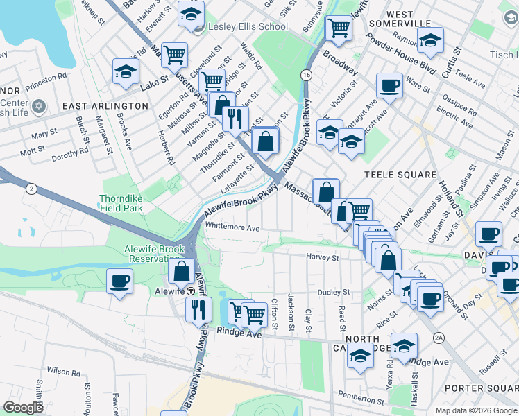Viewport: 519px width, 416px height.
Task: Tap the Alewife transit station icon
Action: [x=191, y=291]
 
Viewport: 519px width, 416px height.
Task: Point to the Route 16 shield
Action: [x=305, y=73]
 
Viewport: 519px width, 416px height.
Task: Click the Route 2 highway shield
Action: [x=31, y=188]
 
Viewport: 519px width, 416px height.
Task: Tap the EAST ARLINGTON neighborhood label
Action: [x=105, y=106]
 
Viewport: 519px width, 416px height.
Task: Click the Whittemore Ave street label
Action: [x=232, y=227]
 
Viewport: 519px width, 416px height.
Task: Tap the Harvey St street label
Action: [x=322, y=257]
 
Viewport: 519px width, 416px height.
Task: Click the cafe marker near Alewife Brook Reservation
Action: [x=120, y=281]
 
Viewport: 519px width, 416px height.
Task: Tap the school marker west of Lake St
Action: [x=126, y=71]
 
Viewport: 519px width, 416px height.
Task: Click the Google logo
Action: [x=24, y=408]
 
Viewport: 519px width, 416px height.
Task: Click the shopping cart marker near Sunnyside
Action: [x=339, y=28]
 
